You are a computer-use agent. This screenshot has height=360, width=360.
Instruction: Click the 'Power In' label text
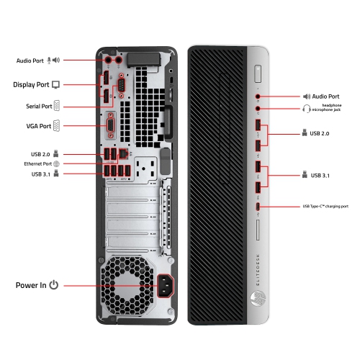(31, 285)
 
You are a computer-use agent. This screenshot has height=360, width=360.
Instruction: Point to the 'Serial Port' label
(36, 106)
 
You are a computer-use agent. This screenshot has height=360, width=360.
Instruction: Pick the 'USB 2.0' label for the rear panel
(40, 153)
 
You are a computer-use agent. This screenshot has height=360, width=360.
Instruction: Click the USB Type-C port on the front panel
(258, 207)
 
